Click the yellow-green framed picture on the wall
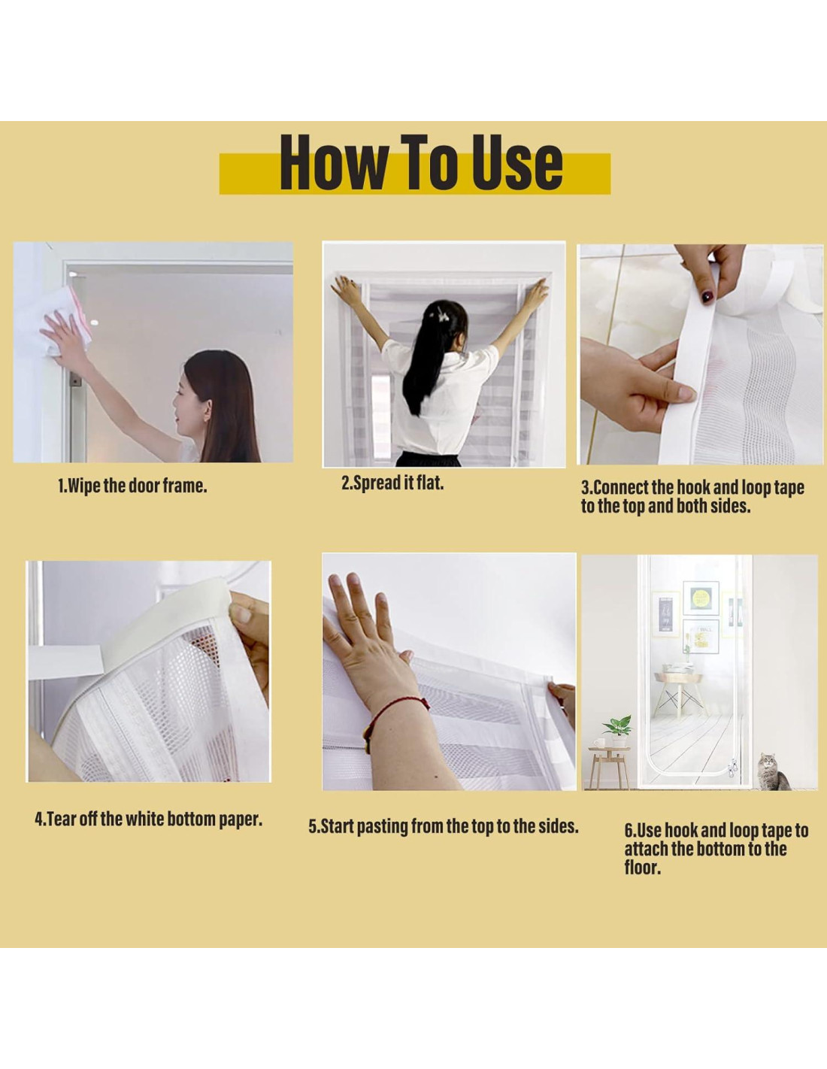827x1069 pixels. (x=701, y=598)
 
